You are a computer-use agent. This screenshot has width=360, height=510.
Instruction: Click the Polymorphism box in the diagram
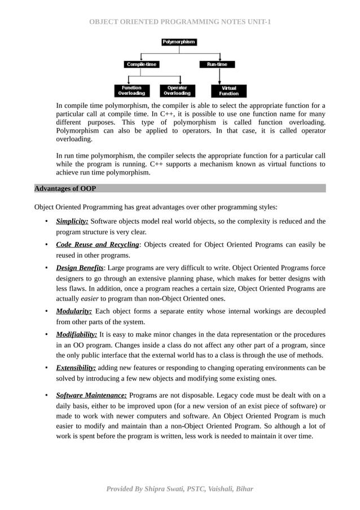[179, 42]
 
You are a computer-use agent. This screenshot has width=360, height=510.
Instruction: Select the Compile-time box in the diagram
[142, 64]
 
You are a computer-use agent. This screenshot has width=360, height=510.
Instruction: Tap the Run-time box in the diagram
[217, 64]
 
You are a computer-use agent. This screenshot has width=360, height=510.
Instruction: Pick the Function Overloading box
[131, 90]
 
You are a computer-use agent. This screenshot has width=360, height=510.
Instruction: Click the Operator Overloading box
[177, 90]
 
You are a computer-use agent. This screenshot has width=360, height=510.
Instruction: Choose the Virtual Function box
[229, 90]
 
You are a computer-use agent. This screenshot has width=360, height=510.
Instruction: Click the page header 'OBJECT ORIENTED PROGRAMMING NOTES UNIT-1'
[180, 22]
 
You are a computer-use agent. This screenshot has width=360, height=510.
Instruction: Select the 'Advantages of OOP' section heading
[65, 188]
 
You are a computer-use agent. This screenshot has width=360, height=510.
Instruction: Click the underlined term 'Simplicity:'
[72, 221]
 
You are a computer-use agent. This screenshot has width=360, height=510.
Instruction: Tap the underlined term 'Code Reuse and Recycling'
[97, 245]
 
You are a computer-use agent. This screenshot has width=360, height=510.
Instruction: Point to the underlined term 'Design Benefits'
[80, 268]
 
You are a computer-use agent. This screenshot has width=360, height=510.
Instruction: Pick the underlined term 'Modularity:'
[74, 311]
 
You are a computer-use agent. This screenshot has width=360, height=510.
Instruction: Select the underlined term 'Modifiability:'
[77, 334]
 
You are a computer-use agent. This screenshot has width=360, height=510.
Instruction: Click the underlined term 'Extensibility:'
[76, 368]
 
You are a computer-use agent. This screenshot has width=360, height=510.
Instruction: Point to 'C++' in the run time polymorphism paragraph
[157, 164]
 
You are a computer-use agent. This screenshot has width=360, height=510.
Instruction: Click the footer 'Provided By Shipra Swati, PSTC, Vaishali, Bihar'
[180, 489]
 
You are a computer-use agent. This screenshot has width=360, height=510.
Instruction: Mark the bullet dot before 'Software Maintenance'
[45, 395]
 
